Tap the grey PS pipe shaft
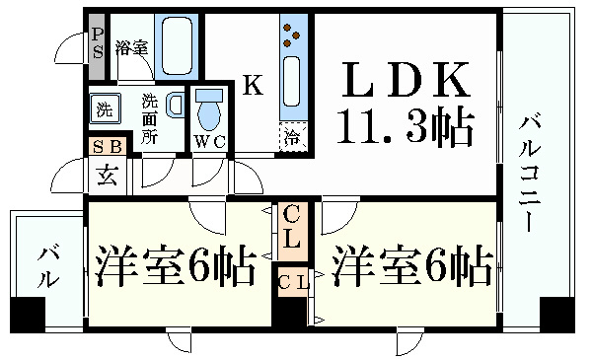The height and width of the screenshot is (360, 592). (x=97, y=46)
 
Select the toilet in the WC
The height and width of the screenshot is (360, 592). (x=209, y=110)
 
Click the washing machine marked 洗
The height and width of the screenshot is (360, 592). (x=105, y=108)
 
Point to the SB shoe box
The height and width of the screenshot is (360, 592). (x=108, y=146)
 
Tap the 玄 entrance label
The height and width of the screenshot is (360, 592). (x=108, y=176)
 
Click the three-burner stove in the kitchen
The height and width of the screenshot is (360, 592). (x=292, y=36)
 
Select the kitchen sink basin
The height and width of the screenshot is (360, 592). (x=291, y=81)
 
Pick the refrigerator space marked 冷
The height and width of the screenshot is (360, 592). (x=293, y=137)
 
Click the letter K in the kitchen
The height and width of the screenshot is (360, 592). (x=253, y=85)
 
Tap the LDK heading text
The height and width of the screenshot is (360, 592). (x=406, y=80)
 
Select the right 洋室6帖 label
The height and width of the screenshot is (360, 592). (x=411, y=265)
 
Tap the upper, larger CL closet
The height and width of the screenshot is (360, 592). (x=291, y=232)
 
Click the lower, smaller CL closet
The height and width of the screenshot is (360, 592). (x=292, y=282)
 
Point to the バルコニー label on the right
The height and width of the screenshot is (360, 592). (x=530, y=174)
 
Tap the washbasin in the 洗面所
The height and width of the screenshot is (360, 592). (x=175, y=105)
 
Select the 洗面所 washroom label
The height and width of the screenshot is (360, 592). (x=150, y=119)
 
